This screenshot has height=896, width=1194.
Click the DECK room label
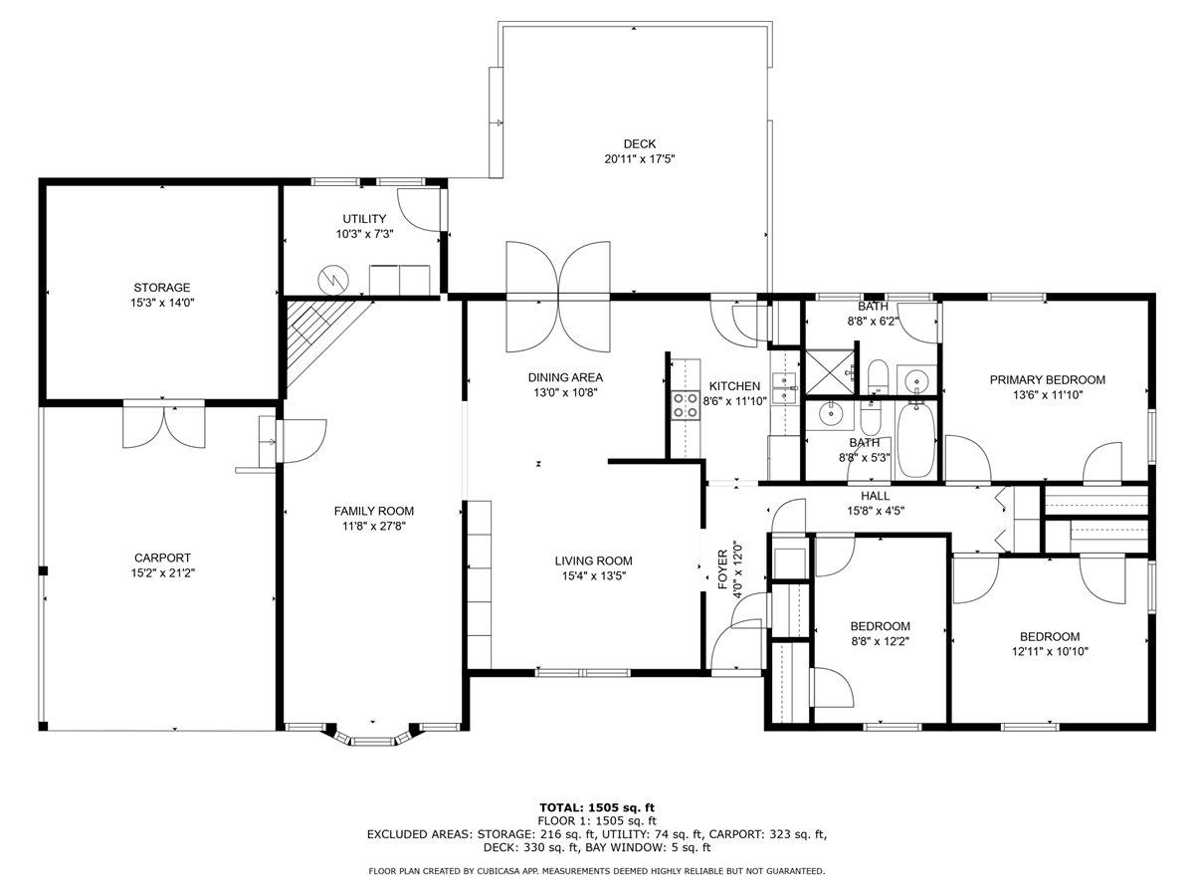point(639,144)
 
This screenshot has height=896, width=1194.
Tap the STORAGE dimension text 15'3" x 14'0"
point(162,303)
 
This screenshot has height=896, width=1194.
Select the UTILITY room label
point(364,219)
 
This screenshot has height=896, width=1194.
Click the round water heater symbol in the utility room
point(332,280)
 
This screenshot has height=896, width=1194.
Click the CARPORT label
point(162,558)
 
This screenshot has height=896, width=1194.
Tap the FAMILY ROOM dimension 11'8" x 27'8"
point(374,526)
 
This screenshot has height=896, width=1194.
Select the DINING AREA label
point(565,377)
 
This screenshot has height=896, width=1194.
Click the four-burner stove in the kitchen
point(685,406)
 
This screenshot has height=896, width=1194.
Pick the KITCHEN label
point(734,386)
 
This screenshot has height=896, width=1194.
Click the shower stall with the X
point(829,372)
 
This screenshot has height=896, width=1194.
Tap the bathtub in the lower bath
point(916,440)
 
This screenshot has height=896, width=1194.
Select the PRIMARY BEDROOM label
point(1047,379)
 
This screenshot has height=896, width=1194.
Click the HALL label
point(876,496)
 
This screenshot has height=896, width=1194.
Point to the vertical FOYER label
point(723,569)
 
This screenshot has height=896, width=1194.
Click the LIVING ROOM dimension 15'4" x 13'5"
point(594,575)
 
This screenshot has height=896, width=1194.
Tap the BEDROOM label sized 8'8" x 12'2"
point(881,626)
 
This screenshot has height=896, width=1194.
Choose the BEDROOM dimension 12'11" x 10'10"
point(1050,651)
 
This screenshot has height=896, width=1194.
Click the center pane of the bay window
point(373,741)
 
